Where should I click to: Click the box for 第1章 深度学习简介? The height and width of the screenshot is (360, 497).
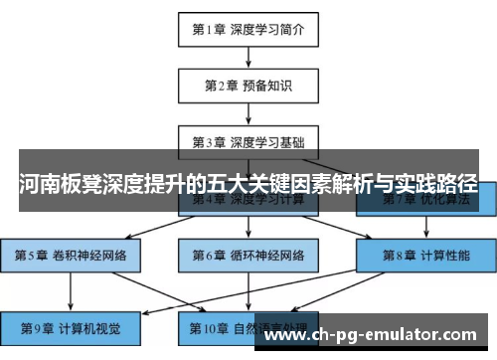248,29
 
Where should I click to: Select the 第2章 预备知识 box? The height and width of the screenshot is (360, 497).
248,85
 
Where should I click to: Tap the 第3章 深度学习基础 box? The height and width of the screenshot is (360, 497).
248,140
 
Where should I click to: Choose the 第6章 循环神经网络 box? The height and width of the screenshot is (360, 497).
248,255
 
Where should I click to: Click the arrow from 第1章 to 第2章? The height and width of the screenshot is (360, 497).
248,57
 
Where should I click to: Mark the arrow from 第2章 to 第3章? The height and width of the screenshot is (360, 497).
248,112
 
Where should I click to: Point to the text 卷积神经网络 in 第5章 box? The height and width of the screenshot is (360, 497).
88,255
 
